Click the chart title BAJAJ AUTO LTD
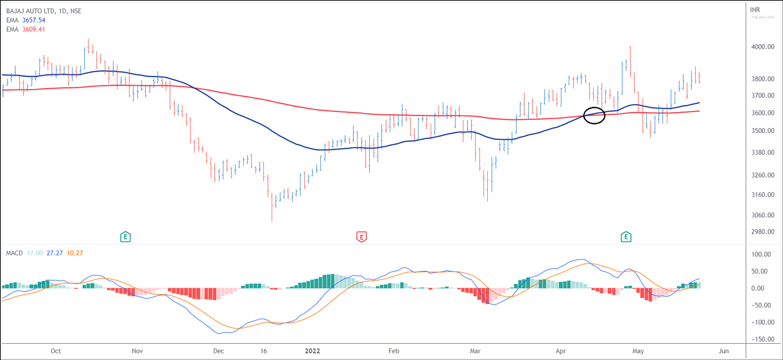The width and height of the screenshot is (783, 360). [31, 11]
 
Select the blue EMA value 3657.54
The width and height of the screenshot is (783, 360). [33, 20]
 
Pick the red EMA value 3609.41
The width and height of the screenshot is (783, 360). [33, 29]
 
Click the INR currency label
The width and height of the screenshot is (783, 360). [755, 10]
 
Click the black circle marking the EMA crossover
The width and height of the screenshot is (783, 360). [594, 115]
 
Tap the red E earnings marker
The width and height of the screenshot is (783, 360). [361, 237]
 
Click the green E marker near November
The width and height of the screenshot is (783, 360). [125, 237]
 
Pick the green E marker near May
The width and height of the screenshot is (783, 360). [626, 237]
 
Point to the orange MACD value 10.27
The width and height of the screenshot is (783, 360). [75, 253]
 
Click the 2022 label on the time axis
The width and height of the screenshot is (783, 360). [313, 351]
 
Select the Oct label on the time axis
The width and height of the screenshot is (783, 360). [56, 351]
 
